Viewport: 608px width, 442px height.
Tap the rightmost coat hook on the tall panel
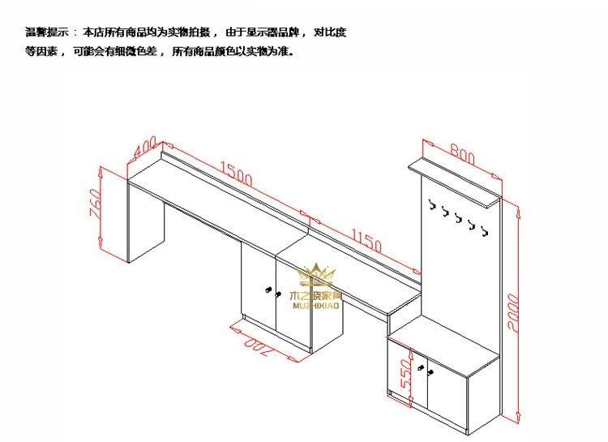point(485,232)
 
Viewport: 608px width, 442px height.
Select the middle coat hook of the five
point(458,219)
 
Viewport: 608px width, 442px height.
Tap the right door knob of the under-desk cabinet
point(277,293)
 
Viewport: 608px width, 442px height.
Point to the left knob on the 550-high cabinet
point(422,369)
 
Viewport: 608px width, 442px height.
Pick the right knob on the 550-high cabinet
point(430,373)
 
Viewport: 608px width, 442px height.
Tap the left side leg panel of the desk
point(146,224)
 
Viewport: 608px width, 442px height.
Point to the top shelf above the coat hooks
point(454,179)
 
